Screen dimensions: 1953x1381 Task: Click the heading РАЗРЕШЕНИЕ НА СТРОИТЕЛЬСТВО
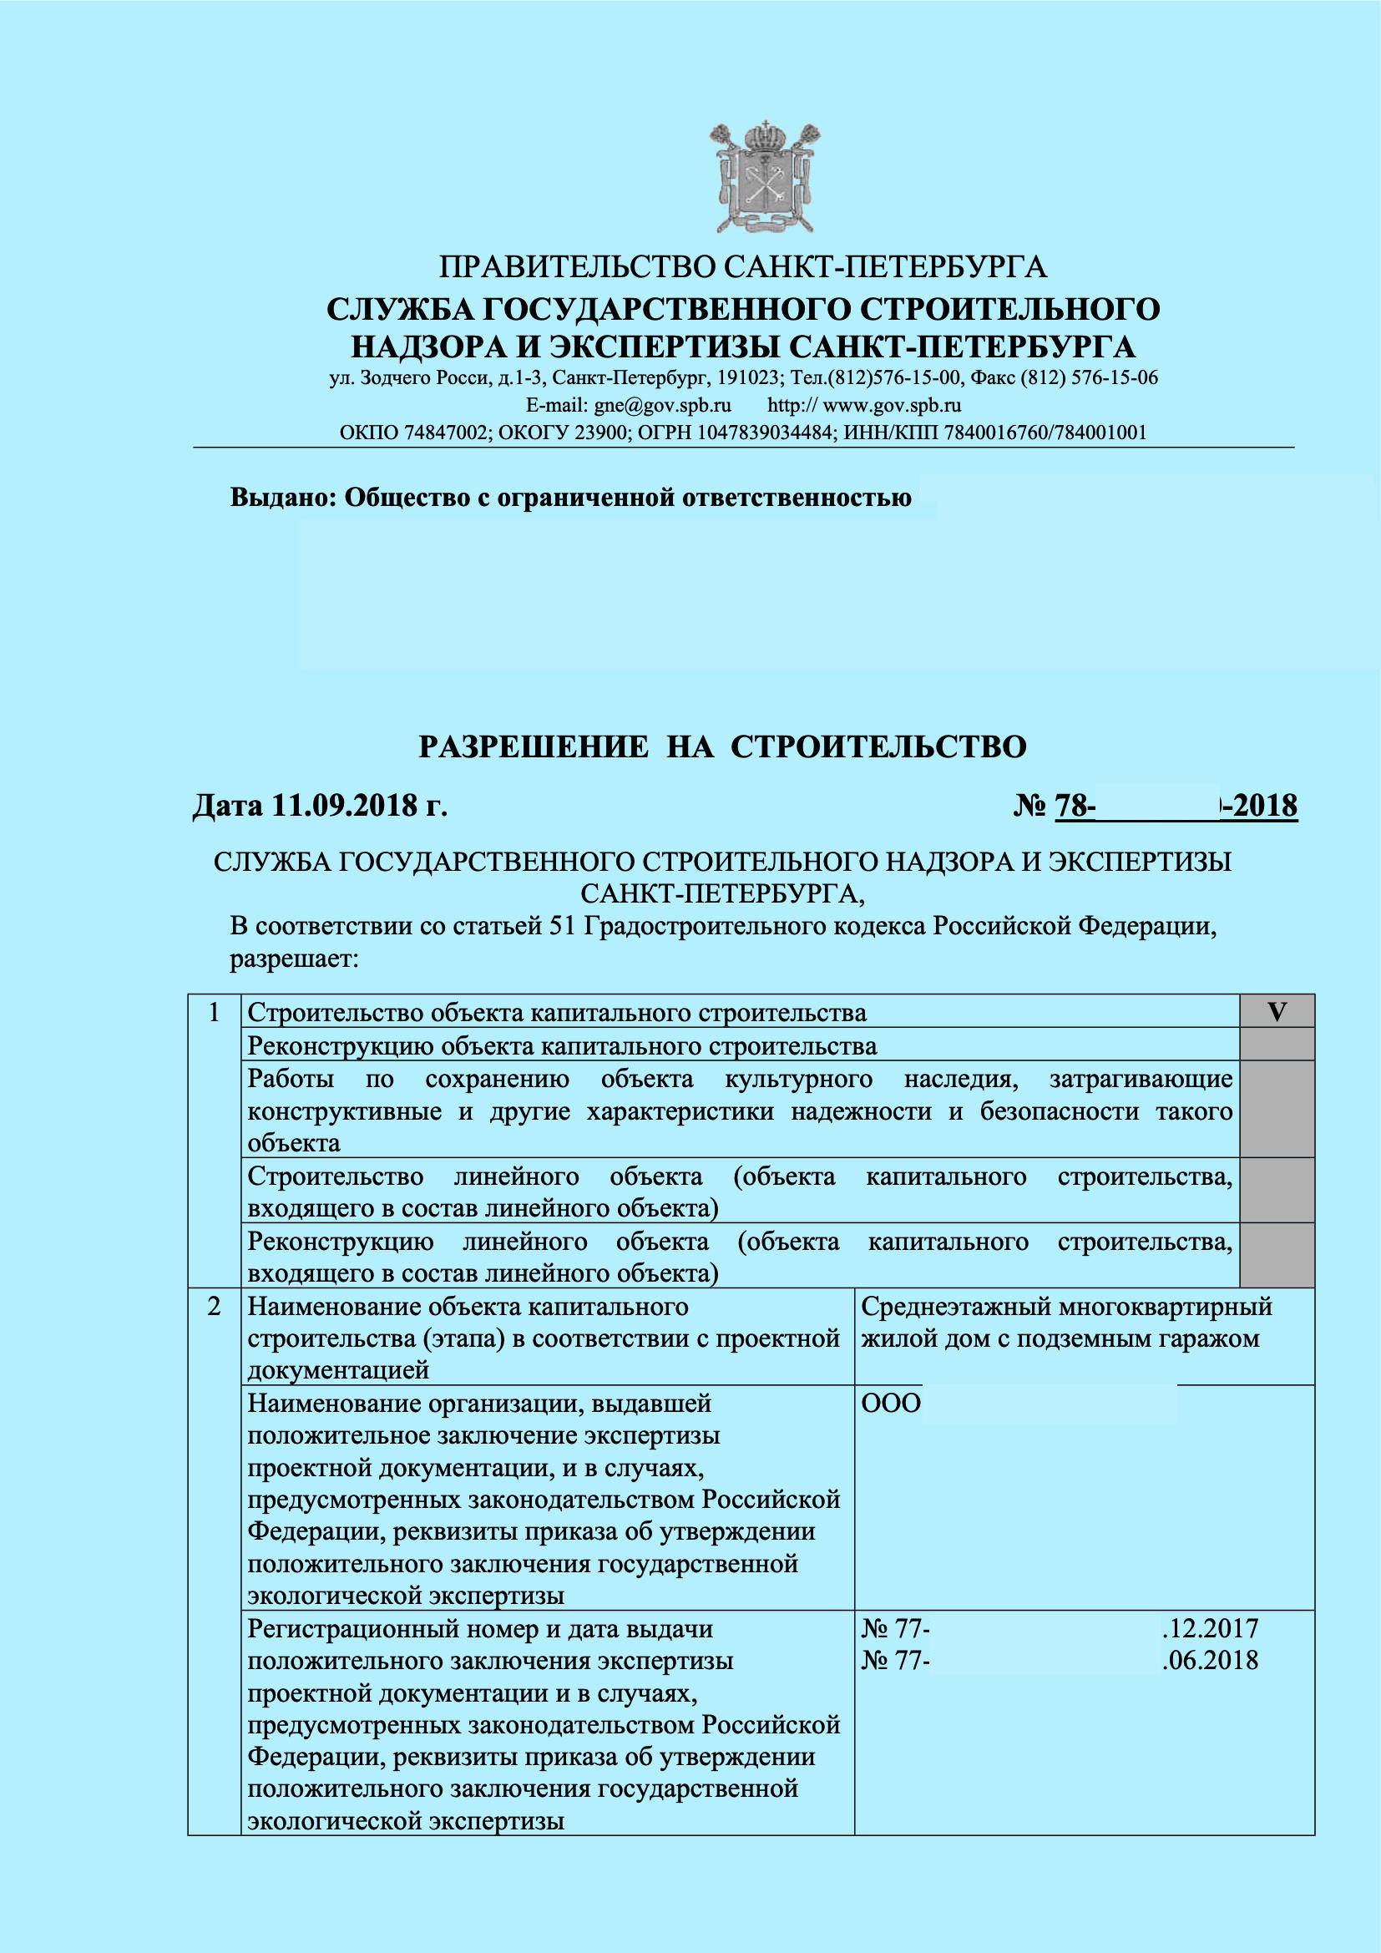click(x=723, y=746)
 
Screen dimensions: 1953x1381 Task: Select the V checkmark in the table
click(x=1277, y=1012)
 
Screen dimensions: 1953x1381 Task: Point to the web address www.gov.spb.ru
click(x=892, y=405)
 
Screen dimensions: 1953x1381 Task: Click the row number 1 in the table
click(x=215, y=1012)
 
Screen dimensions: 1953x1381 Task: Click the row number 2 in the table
click(x=215, y=1307)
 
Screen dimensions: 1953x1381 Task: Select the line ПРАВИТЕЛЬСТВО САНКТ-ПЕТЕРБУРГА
click(x=742, y=267)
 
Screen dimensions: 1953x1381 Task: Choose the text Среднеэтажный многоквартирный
click(x=1066, y=1307)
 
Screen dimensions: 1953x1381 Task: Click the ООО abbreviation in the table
click(x=890, y=1404)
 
